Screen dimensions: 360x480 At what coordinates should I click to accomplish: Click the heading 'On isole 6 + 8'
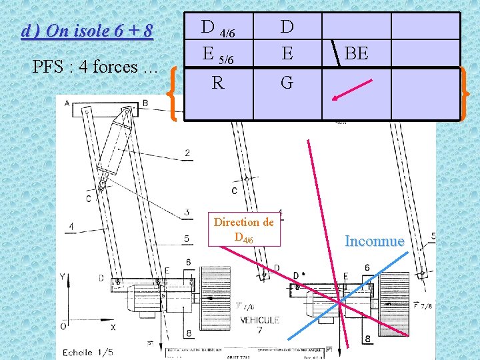(87, 31)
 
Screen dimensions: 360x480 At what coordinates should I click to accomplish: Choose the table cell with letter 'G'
(287, 83)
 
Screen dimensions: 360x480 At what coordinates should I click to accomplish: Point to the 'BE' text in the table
(357, 53)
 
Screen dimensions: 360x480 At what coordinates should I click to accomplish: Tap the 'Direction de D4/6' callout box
(243, 229)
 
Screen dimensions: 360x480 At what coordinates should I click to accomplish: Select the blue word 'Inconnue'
(374, 241)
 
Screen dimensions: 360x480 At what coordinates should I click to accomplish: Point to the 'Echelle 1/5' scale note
(87, 352)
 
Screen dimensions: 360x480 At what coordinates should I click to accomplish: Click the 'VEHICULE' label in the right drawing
(260, 320)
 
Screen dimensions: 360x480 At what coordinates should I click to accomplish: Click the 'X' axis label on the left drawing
(113, 327)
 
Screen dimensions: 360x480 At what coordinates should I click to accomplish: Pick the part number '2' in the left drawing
(187, 153)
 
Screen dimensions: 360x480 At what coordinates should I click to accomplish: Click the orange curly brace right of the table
(463, 93)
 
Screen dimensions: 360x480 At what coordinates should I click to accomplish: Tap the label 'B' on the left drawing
(145, 103)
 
